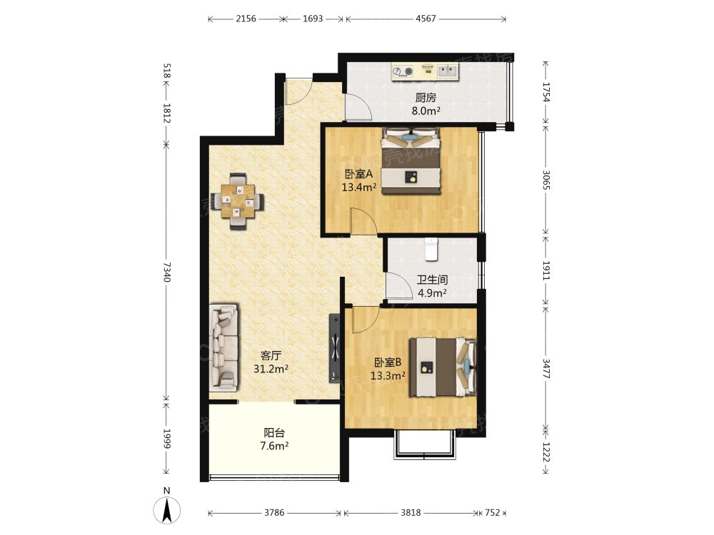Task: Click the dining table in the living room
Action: (x=237, y=200)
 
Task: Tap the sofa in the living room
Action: (x=223, y=347)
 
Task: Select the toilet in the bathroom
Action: (x=431, y=249)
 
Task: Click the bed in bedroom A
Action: (x=411, y=161)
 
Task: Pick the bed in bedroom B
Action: (x=443, y=367)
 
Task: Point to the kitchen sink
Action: (x=447, y=71)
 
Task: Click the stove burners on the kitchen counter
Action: (x=403, y=71)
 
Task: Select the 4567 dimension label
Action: (x=426, y=19)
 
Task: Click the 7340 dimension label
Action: (x=166, y=272)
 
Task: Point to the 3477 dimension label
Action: (x=546, y=369)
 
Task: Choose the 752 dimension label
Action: (x=492, y=513)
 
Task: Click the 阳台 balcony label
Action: (x=274, y=433)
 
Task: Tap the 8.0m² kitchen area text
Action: (x=426, y=111)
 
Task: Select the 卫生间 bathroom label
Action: (x=432, y=280)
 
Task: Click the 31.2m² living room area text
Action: (x=271, y=369)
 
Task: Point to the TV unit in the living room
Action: (x=335, y=348)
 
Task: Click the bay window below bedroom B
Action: (x=425, y=444)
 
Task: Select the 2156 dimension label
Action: (x=246, y=19)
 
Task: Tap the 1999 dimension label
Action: (x=166, y=439)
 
